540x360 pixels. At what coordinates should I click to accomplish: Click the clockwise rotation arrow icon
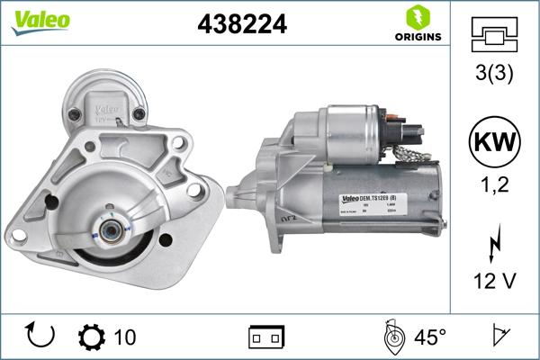[x=41, y=337]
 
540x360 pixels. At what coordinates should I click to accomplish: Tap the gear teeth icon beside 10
[x=92, y=337]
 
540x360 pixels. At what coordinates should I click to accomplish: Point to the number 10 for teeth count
[x=125, y=337]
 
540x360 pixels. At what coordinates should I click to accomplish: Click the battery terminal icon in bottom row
[x=266, y=337]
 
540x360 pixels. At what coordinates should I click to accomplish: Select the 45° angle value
[x=429, y=337]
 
